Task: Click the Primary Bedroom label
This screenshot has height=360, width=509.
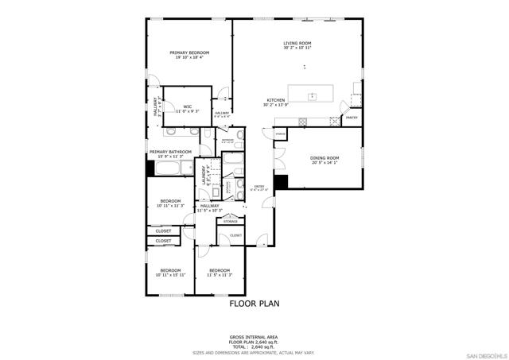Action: (x=188, y=52)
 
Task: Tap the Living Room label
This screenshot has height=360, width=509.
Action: (x=297, y=43)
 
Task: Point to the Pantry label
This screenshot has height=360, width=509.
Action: (x=351, y=118)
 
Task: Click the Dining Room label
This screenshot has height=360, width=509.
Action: (x=324, y=157)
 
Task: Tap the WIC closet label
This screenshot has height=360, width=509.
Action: (x=188, y=106)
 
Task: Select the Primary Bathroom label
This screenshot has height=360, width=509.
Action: (x=166, y=151)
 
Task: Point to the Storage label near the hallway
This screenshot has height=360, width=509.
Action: (x=230, y=221)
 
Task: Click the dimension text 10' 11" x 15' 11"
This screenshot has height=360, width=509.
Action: (x=171, y=275)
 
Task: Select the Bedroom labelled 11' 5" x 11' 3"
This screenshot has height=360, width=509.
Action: (x=219, y=270)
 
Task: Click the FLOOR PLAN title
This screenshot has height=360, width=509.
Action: (x=254, y=303)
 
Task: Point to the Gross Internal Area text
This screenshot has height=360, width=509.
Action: (x=254, y=338)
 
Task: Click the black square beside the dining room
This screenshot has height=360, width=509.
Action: (x=279, y=182)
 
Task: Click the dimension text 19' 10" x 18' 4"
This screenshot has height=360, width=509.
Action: (x=188, y=58)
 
